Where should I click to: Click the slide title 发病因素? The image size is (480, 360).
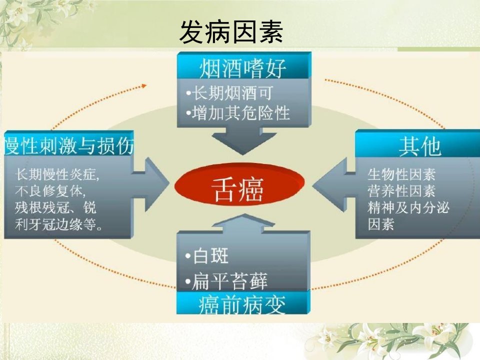coord(231,32)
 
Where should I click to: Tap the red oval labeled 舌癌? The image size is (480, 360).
coord(239,184)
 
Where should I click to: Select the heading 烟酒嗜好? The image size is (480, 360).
coord(243,68)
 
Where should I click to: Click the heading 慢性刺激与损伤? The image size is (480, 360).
coord(69,145)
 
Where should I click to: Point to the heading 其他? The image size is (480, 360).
coord(420,146)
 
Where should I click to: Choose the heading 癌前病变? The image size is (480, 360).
coord(242,304)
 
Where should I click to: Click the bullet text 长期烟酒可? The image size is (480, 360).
coord(229,93)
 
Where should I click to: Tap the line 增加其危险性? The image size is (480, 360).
coord(237,113)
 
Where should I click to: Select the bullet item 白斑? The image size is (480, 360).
coord(207,256)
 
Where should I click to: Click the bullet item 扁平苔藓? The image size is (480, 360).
coord(226,280)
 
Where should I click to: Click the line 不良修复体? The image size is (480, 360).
coord(50,191)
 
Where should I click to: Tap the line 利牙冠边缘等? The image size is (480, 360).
coord(59,224)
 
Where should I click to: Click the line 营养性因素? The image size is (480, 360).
coord(401,191)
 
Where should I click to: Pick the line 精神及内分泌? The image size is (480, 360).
coord(408,208)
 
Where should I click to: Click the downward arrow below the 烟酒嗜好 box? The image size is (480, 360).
coord(244,141)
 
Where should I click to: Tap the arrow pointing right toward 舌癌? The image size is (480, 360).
coord(151,184)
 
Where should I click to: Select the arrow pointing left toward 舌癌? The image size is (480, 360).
coord(333,184)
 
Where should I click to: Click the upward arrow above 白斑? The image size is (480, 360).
coord(243,224)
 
